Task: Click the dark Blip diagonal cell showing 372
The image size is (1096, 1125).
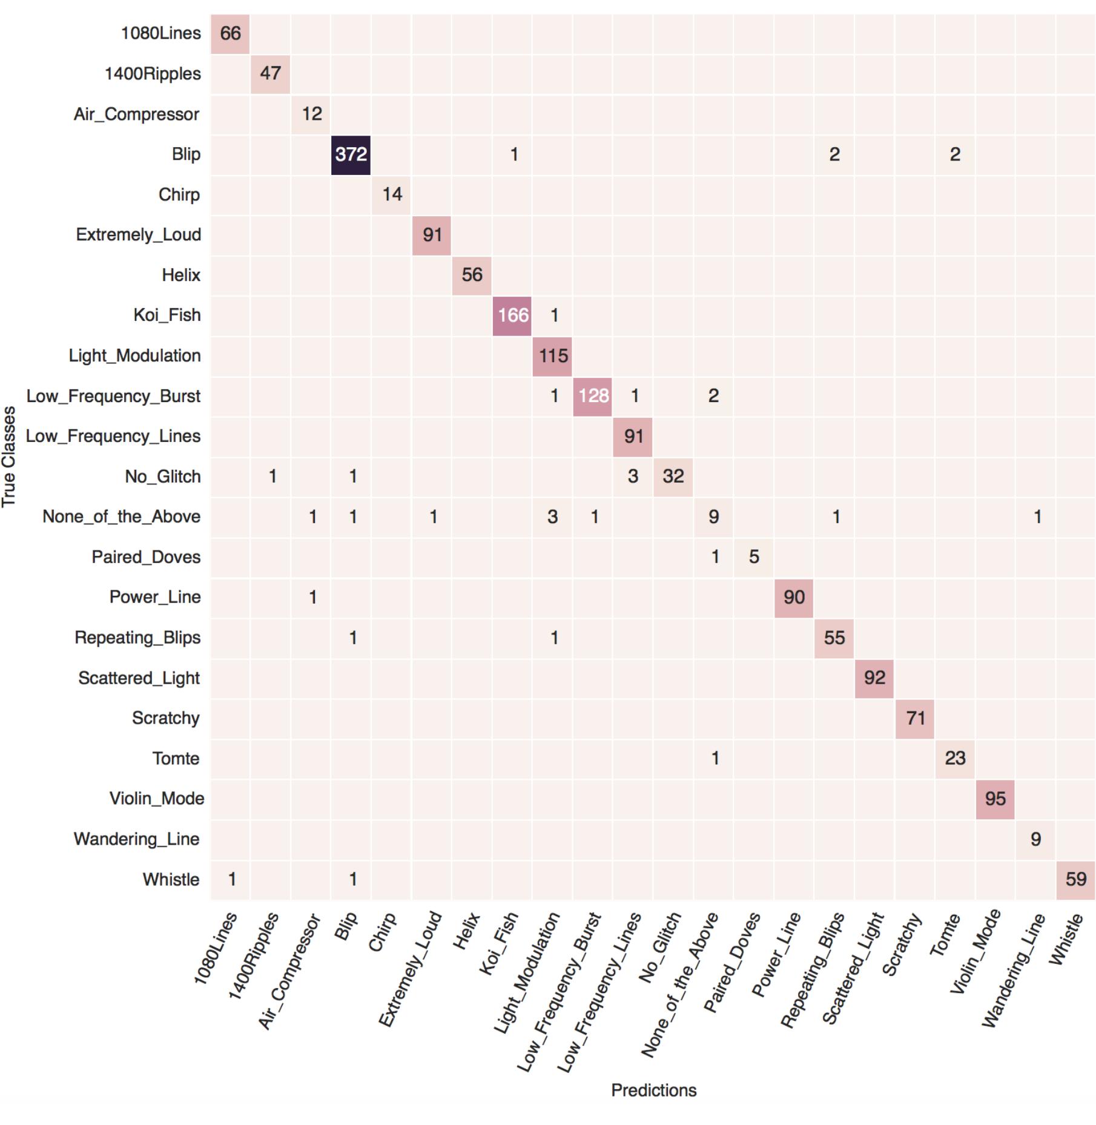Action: [x=351, y=154]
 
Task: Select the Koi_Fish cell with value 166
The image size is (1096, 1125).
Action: [x=512, y=315]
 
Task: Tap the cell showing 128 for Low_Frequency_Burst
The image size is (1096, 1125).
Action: [x=592, y=396]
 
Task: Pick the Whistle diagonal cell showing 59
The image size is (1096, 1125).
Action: [x=1075, y=879]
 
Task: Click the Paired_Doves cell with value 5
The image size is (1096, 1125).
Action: [x=753, y=557]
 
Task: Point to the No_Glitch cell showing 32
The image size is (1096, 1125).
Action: [x=673, y=477]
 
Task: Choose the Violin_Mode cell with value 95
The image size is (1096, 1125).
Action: [x=995, y=799]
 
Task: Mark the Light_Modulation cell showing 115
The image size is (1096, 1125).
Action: [x=552, y=355]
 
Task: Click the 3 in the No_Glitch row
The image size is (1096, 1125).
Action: [x=633, y=477]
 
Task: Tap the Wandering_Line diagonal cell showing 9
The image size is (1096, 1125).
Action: [x=1035, y=839]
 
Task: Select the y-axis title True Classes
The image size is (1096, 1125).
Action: [x=8, y=457]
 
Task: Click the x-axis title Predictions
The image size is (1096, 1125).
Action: [x=653, y=1090]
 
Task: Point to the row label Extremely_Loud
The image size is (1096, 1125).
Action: [x=139, y=235]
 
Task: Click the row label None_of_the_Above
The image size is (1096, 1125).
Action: [x=121, y=516]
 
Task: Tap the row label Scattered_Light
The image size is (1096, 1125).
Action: [x=139, y=678]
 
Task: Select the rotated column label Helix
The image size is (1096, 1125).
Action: [x=467, y=931]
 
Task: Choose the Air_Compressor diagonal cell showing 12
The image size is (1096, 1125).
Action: [x=311, y=114]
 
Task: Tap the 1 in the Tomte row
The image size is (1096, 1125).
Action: [x=715, y=759]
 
